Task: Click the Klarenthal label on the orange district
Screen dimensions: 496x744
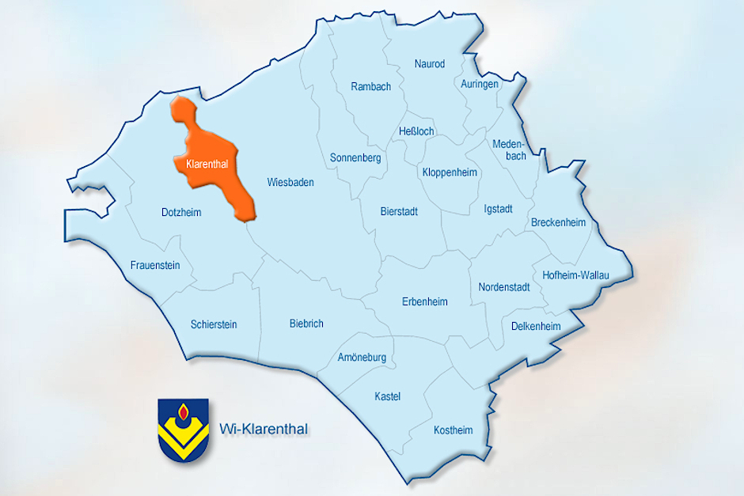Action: click(207, 164)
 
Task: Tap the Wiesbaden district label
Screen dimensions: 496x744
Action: click(290, 183)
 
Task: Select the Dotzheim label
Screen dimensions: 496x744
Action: click(181, 213)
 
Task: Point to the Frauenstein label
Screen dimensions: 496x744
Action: click(155, 265)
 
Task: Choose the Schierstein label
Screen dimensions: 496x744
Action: click(214, 324)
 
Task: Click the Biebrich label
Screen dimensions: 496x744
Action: click(306, 324)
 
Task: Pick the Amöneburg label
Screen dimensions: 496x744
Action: click(362, 358)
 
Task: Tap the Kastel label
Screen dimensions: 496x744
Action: click(388, 396)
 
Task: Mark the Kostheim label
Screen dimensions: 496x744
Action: click(453, 430)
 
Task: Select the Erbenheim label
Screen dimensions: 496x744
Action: click(425, 301)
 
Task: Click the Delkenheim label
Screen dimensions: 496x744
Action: click(536, 326)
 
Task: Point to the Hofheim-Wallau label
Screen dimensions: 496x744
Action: click(576, 275)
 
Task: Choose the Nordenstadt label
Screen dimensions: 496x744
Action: click(504, 287)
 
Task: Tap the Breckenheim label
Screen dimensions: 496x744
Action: click(559, 222)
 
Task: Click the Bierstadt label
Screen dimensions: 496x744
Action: click(399, 212)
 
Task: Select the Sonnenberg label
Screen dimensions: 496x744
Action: click(355, 158)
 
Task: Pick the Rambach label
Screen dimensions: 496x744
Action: click(371, 87)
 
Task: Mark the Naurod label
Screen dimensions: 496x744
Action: click(430, 64)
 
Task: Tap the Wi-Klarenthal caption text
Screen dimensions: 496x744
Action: click(263, 430)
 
